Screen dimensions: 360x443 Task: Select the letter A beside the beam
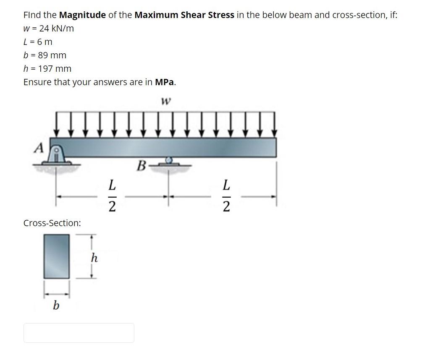[39, 147]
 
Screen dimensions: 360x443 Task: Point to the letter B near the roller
[141, 166]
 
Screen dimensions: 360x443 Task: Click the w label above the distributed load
[166, 102]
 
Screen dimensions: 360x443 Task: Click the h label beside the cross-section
[94, 258]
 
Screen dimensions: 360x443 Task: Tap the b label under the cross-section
[56, 305]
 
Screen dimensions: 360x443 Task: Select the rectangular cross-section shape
[57, 256]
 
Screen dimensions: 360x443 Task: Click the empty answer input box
[79, 333]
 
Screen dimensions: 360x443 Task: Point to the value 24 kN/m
[54, 29]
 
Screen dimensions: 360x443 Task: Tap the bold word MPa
[165, 82]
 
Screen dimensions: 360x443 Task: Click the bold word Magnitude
[82, 15]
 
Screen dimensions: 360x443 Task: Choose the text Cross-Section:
[52, 223]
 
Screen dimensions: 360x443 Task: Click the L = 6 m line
[38, 42]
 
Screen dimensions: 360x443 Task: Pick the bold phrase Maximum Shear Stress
[184, 15]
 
